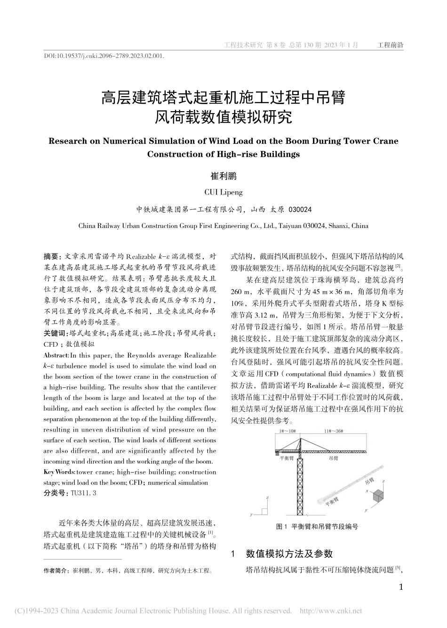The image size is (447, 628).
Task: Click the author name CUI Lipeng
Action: pos(223,192)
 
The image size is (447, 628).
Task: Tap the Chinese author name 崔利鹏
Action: pos(223,176)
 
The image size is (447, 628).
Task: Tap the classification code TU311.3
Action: pos(83,493)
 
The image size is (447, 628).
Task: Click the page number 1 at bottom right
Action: pos(400,587)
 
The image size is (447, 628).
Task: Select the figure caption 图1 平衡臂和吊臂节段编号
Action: pos(317,527)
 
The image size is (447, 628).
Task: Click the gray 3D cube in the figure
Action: pos(378,496)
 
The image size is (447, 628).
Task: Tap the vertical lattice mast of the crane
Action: pos(300,485)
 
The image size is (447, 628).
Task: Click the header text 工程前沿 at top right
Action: pos(391,45)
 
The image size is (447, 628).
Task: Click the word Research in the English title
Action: pos(67,141)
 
